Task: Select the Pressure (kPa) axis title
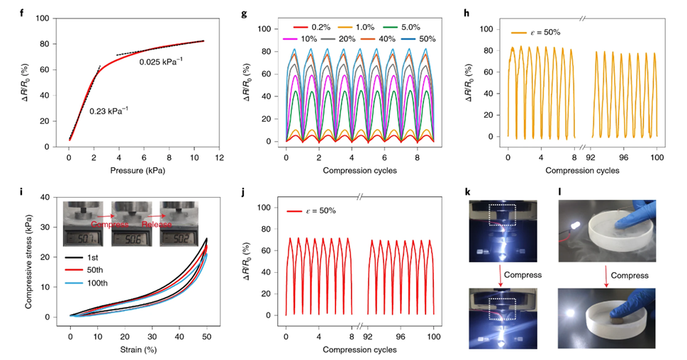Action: click(x=140, y=171)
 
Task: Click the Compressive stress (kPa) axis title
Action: click(x=26, y=258)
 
